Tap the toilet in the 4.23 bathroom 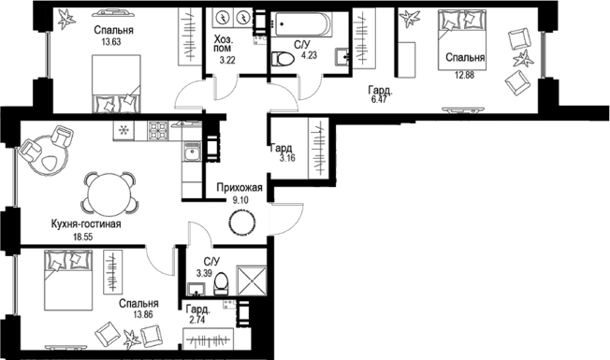[283, 59]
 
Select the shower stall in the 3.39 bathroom [252, 281]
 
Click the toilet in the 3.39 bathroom [221, 283]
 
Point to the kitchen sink [192, 151]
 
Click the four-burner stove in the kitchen [158, 131]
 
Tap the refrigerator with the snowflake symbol [123, 131]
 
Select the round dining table [109, 194]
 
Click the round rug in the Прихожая [242, 223]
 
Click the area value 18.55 [83, 237]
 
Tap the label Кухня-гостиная [86, 224]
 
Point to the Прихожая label [240, 188]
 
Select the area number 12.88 [465, 75]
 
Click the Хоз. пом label [224, 44]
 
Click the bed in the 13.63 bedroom [116, 84]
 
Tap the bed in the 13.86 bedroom [68, 281]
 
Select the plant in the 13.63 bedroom [66, 20]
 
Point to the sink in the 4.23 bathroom [342, 57]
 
